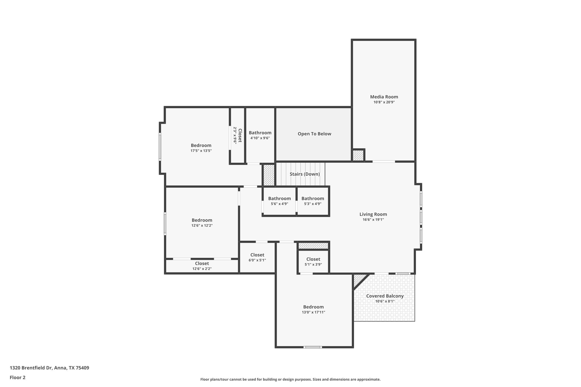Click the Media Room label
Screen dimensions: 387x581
384,97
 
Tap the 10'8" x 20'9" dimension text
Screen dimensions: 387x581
384,102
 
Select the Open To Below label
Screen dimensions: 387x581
314,134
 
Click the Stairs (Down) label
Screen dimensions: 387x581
305,174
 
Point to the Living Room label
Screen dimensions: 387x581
373,214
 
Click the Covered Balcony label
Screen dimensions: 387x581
385,296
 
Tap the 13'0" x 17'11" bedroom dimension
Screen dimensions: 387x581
313,312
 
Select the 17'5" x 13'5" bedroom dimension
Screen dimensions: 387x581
201,151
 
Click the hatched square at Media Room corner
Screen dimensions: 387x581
358,155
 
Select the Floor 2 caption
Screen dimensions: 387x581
18,377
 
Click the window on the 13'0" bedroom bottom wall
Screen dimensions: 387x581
312,347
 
